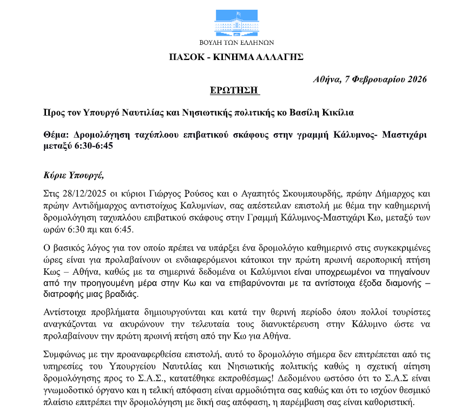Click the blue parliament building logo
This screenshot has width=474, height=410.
[236, 22]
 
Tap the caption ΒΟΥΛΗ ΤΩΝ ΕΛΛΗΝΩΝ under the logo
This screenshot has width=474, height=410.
[236, 42]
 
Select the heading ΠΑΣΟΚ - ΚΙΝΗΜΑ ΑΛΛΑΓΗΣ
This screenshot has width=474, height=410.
[236, 57]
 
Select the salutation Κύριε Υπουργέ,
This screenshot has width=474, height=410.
[73, 175]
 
